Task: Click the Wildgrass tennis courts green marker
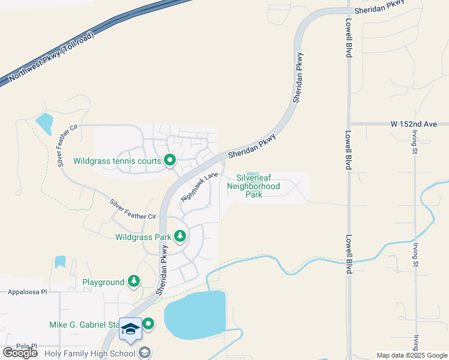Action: coord(170,160)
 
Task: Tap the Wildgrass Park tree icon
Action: coord(179,236)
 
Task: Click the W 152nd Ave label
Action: coord(413,124)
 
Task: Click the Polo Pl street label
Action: coord(27,346)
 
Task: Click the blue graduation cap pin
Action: coord(130,329)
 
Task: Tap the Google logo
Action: coord(20,353)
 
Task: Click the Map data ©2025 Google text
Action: coord(411,355)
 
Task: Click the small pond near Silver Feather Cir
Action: coord(44,123)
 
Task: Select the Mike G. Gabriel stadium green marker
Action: coord(148,324)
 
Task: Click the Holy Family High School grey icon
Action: coord(145,352)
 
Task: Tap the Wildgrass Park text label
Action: coord(143,237)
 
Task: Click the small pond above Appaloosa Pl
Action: coord(60,262)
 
